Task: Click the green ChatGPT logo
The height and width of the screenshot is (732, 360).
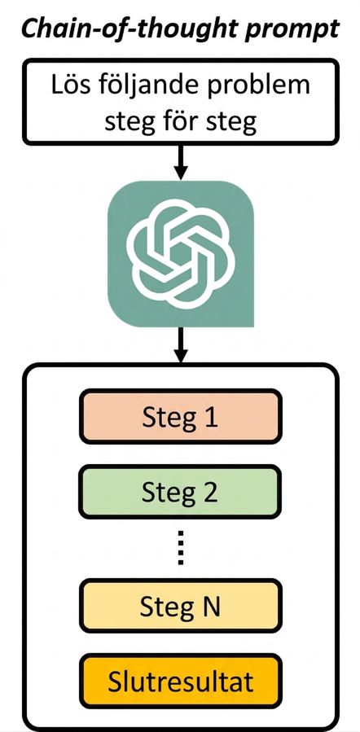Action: (181, 253)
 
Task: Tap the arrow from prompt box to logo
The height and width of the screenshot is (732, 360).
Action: (181, 163)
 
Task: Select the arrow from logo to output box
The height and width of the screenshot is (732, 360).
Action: (181, 345)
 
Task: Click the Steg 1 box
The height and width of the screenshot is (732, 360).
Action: (181, 416)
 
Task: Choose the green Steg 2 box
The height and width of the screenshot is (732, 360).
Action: (181, 492)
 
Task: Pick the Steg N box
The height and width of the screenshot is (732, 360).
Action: (181, 606)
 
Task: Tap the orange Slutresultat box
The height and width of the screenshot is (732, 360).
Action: (181, 682)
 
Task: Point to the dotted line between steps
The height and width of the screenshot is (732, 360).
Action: (181, 548)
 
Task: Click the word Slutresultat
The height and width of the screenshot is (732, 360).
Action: (181, 682)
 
